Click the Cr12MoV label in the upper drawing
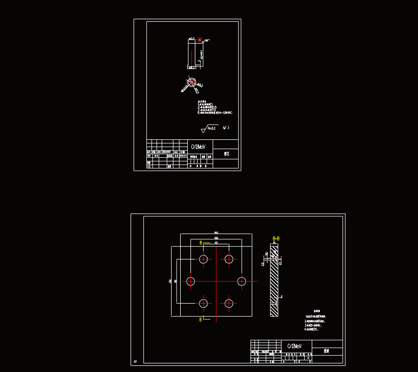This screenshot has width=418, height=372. click(198, 146)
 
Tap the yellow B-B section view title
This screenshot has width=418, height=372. click(276, 238)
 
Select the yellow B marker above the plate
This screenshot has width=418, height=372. click(201, 243)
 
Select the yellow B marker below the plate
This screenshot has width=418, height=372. click(200, 320)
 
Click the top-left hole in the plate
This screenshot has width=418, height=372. click(203, 259)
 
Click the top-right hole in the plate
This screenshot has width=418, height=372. click(229, 259)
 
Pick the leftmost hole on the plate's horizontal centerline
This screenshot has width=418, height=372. click(191, 281)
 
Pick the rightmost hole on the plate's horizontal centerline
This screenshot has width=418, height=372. click(241, 281)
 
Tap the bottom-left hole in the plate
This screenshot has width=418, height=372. click(203, 304)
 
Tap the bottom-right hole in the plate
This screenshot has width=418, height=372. click(229, 304)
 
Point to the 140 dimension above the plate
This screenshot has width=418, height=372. click(216, 232)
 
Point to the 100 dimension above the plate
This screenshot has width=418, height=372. click(216, 238)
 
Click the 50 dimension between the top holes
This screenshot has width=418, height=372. click(216, 243)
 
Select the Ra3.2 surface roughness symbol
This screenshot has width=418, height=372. click(210, 129)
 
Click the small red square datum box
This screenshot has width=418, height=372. click(200, 40)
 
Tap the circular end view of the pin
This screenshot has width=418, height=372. click(191, 83)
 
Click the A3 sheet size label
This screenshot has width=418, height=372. click(135, 361)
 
